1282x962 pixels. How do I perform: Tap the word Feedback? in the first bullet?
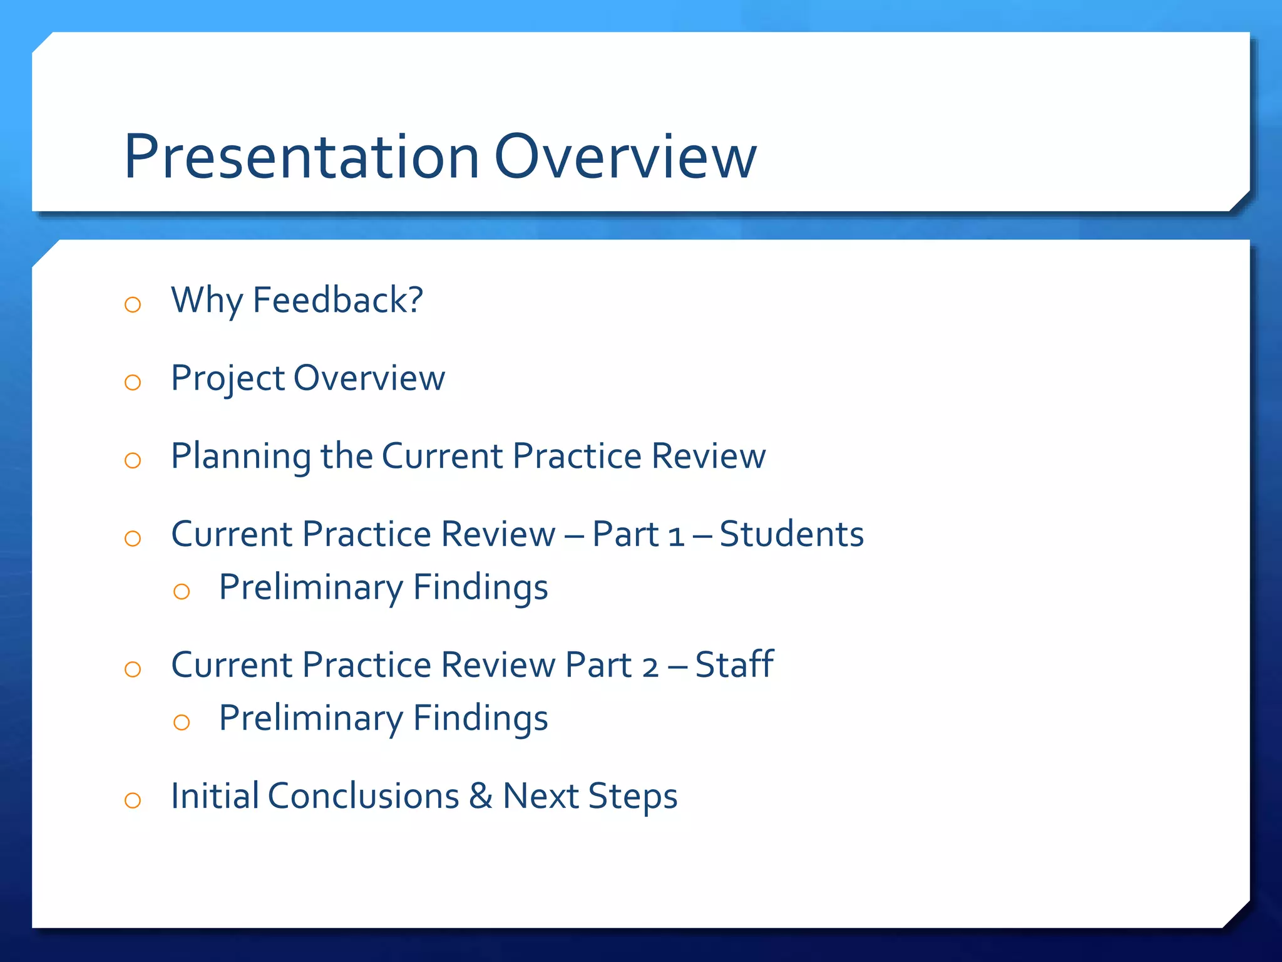[338, 300]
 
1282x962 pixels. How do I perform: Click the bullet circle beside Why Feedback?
[133, 305]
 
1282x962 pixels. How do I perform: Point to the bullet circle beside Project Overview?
[133, 383]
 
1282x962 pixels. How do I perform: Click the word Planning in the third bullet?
[241, 457]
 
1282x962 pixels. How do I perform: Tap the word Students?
[791, 534]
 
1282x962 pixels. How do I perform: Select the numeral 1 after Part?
[675, 537]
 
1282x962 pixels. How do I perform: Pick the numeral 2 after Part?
[650, 667]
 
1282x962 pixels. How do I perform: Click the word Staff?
[734, 665]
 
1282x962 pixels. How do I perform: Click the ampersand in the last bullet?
[481, 796]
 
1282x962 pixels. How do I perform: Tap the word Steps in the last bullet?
[633, 797]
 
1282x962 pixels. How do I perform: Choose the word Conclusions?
[364, 796]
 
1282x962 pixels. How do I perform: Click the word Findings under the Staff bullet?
[480, 718]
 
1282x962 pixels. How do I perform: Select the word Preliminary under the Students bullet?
[311, 588]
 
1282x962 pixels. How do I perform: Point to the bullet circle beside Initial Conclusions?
[133, 800]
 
